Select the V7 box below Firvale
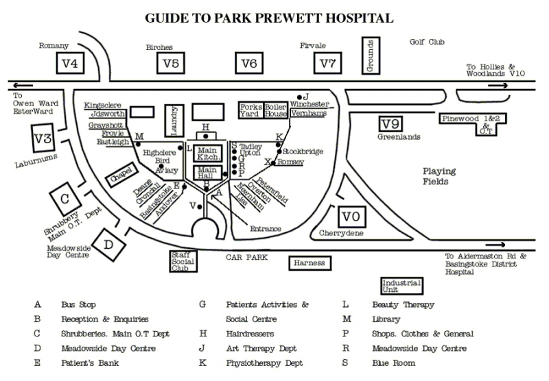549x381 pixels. [327, 64]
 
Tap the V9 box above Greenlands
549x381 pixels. [390, 124]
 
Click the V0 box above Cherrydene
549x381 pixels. [351, 217]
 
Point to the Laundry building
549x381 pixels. [174, 120]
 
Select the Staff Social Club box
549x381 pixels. [183, 261]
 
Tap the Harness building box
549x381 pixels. [308, 263]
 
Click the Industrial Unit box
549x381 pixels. [401, 286]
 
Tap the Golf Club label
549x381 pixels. [427, 42]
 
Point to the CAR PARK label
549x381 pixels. [247, 258]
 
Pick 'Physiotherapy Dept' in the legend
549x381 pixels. [264, 363]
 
